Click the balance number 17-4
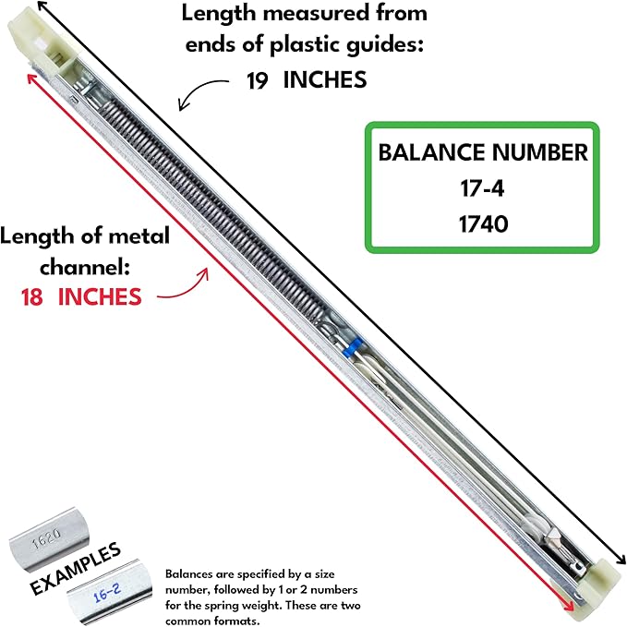point(482,189)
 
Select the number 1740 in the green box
point(482,223)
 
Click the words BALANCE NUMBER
point(482,153)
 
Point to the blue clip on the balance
point(348,350)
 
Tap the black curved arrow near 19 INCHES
point(203,90)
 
